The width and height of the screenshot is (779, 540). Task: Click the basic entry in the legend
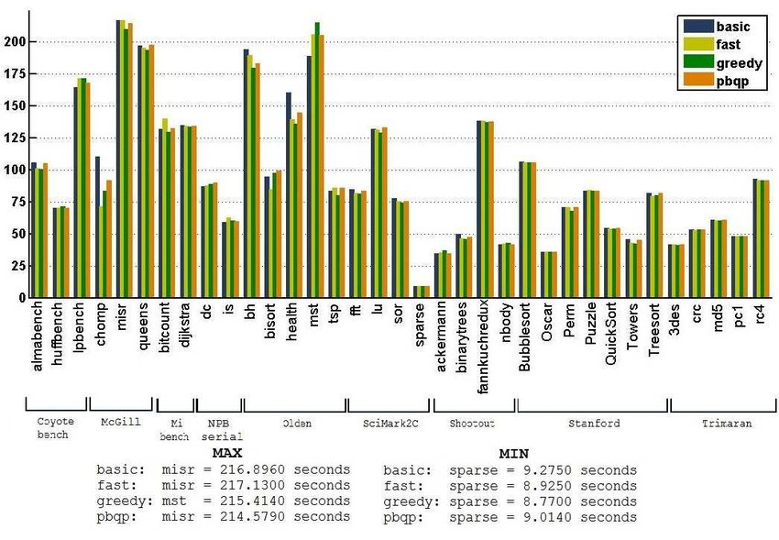point(732,27)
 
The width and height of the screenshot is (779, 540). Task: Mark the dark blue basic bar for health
point(288,194)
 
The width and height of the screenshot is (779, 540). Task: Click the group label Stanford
point(593,424)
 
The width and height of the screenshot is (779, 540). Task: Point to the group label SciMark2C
point(389,424)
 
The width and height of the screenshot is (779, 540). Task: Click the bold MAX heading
point(226,453)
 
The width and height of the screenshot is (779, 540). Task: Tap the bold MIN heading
point(513,453)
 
